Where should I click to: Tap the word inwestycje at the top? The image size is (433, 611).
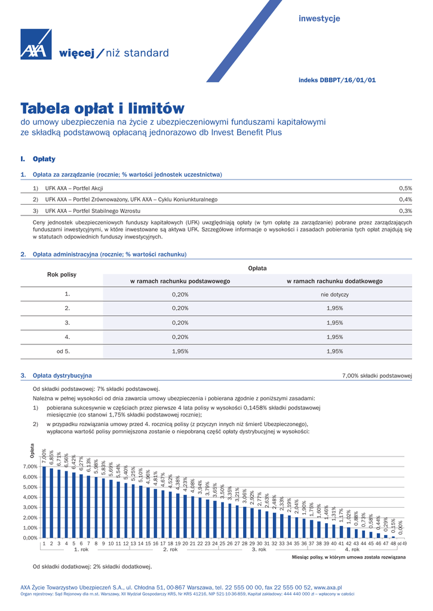(x=319, y=19)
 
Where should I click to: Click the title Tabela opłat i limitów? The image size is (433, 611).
(x=103, y=109)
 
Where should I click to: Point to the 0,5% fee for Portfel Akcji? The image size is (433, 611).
(x=406, y=188)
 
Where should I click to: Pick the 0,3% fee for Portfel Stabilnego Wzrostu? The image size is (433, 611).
(x=406, y=211)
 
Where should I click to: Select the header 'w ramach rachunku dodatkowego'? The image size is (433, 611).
(x=334, y=281)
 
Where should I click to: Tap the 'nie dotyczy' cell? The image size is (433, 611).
(x=334, y=295)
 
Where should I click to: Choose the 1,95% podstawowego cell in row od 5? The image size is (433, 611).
(x=180, y=351)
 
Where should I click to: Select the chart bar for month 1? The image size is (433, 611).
(x=44, y=501)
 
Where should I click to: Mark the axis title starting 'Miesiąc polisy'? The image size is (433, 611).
(x=348, y=557)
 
